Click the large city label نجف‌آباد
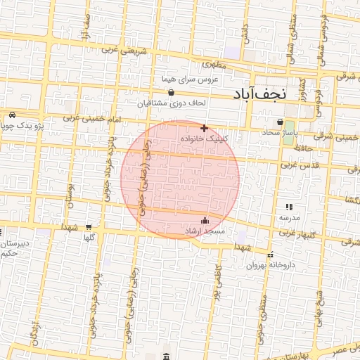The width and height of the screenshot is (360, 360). [x=262, y=94]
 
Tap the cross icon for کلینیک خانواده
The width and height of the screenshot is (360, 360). [x=204, y=128]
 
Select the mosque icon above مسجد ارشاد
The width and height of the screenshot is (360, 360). [x=205, y=221]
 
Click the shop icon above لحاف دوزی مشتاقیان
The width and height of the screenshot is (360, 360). [x=171, y=92]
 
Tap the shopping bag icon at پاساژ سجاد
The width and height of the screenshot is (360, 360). [x=280, y=122]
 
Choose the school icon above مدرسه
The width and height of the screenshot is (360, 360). [x=288, y=207]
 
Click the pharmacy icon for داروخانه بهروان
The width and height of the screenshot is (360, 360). [x=271, y=254]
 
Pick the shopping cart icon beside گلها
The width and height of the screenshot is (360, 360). [x=88, y=227]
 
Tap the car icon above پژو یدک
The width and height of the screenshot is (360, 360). [x=12, y=115]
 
